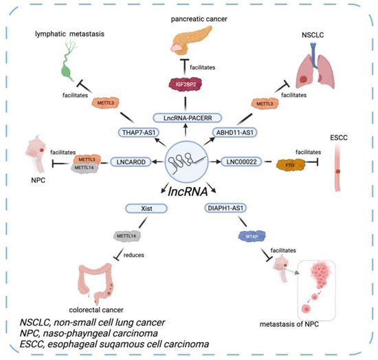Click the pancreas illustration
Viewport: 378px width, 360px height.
188,41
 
